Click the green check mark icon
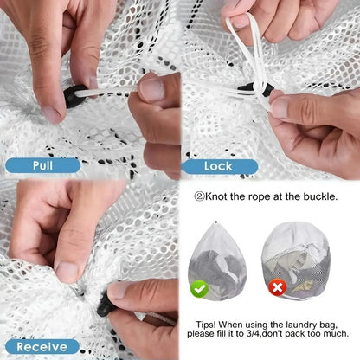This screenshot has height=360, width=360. point(201,287)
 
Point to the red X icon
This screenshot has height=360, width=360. point(277,286)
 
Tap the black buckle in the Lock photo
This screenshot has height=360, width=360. point(263,90)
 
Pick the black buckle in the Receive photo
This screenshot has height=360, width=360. point(108,304)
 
